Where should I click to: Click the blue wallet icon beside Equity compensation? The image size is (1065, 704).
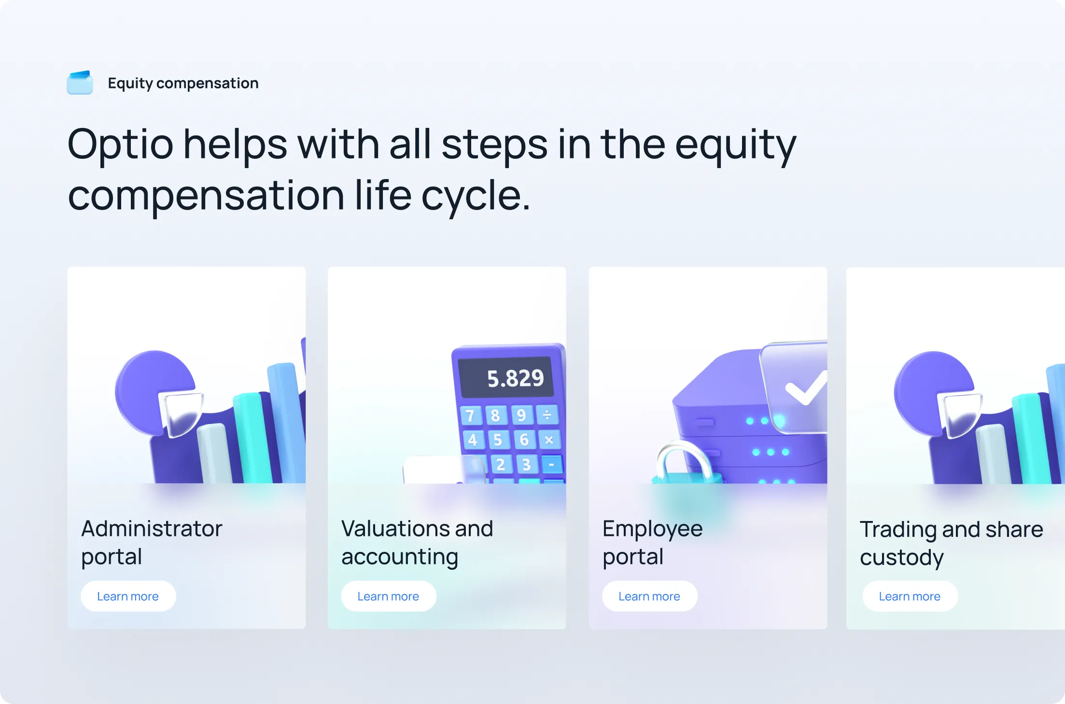click(x=80, y=83)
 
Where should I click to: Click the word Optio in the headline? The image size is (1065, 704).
click(x=120, y=144)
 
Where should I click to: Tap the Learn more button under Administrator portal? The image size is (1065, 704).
click(x=128, y=596)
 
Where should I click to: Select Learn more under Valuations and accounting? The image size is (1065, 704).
click(x=388, y=596)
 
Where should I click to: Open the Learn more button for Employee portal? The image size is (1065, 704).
click(x=649, y=596)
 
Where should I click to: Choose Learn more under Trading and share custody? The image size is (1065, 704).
click(x=909, y=596)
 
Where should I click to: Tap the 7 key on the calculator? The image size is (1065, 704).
click(x=470, y=416)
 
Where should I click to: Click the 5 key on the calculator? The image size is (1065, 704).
click(x=498, y=440)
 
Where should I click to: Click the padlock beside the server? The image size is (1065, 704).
click(x=685, y=464)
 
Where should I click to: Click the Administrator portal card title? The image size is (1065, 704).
click(x=151, y=542)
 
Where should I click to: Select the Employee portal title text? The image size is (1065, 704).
click(x=652, y=542)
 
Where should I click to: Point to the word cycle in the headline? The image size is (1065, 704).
click(x=475, y=196)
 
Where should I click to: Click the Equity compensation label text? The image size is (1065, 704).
click(x=183, y=83)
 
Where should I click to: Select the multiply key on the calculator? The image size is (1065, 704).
click(x=549, y=439)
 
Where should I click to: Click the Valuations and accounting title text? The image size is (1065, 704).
click(x=417, y=542)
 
